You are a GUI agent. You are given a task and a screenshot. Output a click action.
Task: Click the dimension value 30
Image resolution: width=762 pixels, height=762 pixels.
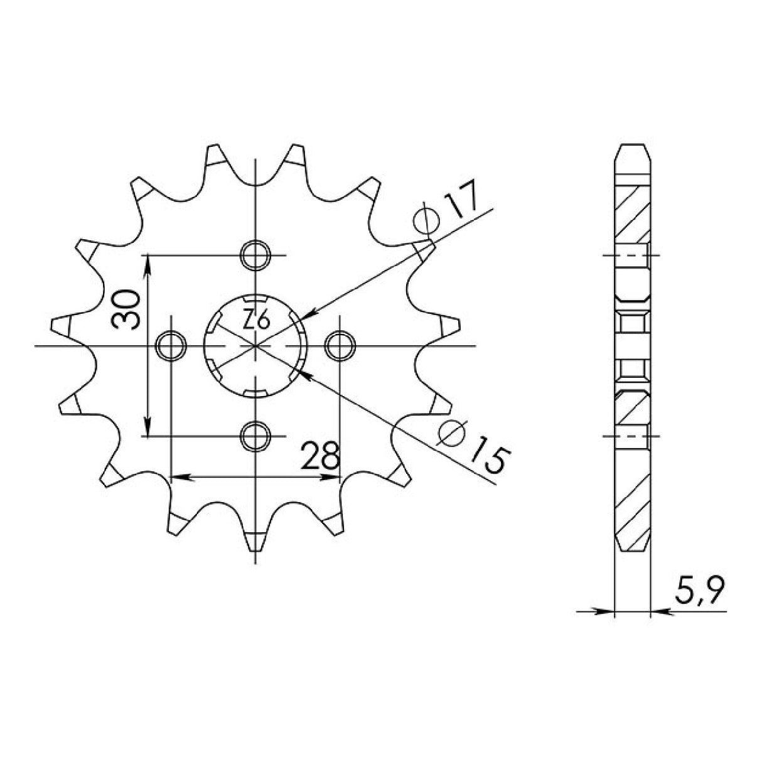click(125, 309)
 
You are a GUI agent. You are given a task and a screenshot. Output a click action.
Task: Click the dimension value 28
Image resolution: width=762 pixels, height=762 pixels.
click(319, 456)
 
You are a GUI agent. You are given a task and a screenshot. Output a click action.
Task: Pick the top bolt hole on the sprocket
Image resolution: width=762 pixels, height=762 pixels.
click(255, 255)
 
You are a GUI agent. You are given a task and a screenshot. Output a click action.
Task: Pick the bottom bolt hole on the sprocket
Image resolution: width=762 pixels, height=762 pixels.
click(255, 435)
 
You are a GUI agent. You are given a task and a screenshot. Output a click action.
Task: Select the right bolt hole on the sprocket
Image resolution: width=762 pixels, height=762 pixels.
click(340, 345)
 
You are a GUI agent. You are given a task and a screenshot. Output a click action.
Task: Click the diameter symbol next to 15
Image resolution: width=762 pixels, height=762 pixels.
click(449, 432)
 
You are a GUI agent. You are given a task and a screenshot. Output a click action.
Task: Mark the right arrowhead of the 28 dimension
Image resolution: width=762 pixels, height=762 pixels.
click(331, 478)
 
